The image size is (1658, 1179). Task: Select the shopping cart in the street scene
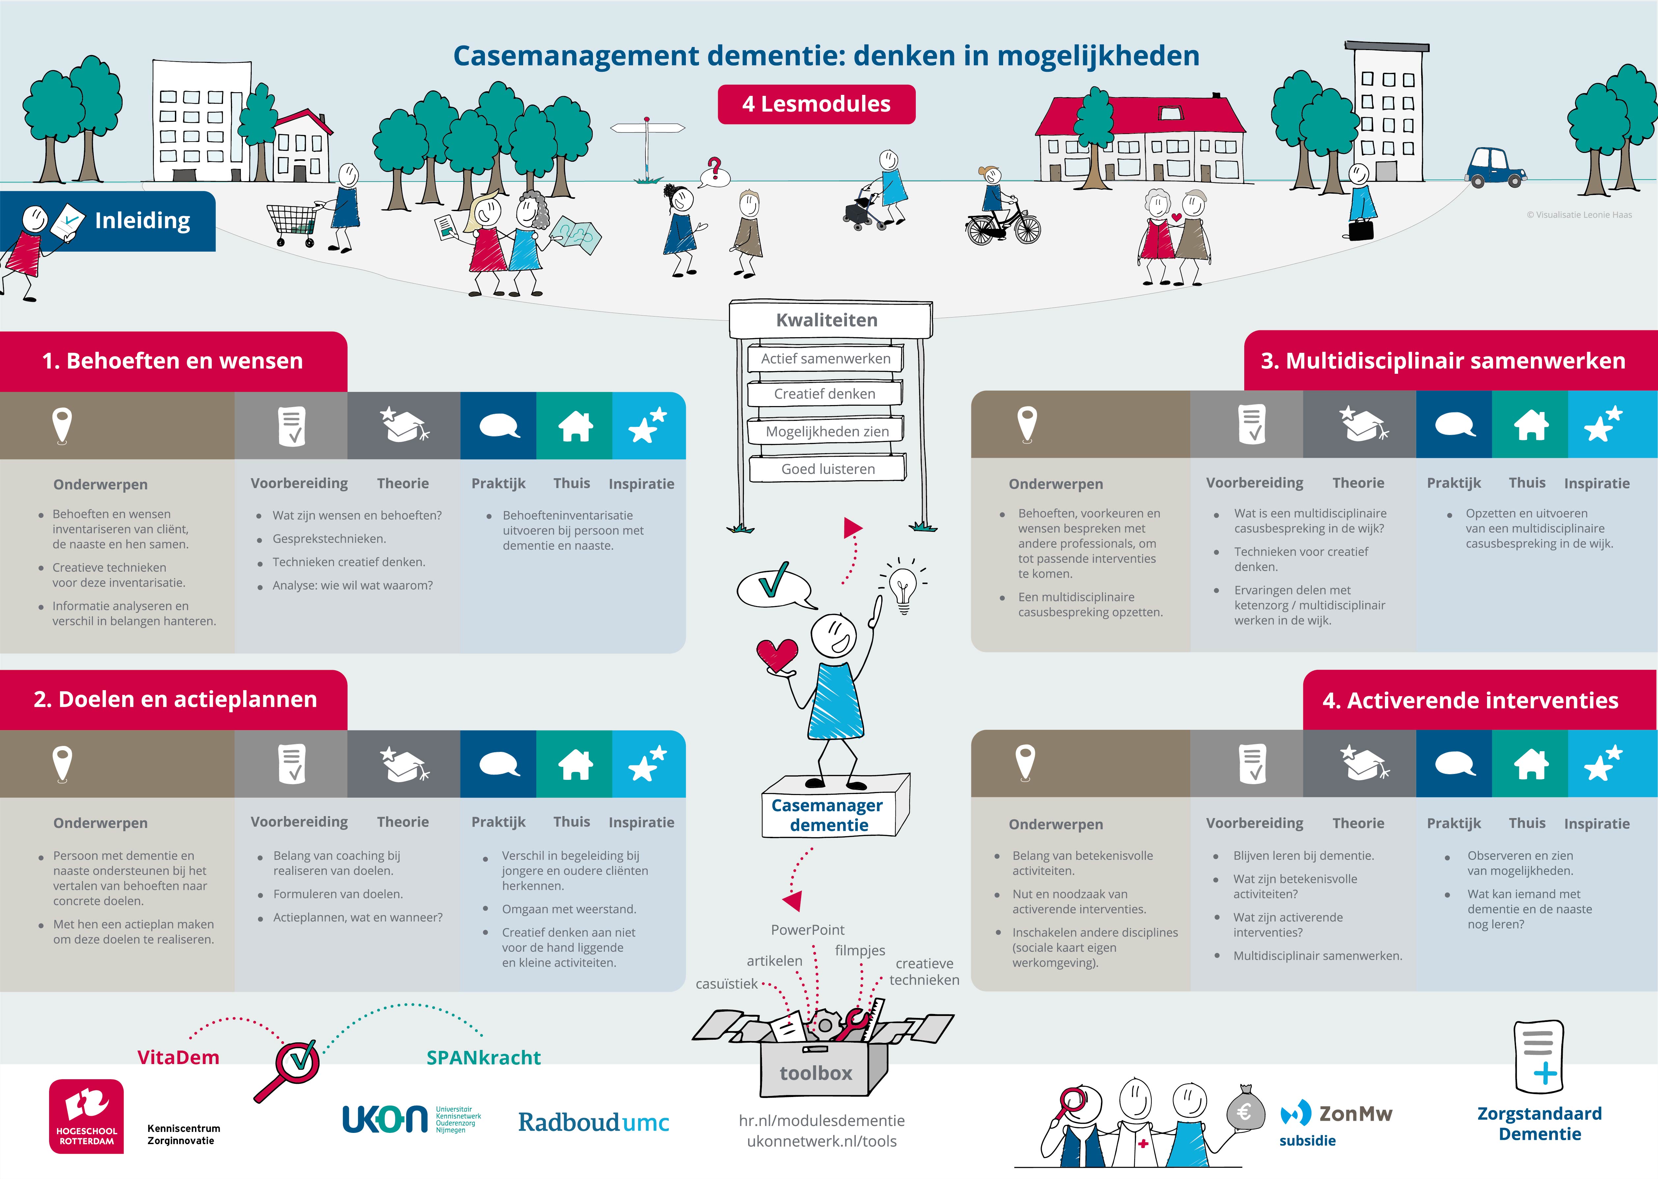coord(293,223)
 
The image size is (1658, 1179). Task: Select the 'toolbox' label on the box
coord(816,1073)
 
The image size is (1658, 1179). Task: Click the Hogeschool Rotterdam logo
coord(86,1116)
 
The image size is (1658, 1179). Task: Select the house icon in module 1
coord(575,425)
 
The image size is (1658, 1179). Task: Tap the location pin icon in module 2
coord(63,764)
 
